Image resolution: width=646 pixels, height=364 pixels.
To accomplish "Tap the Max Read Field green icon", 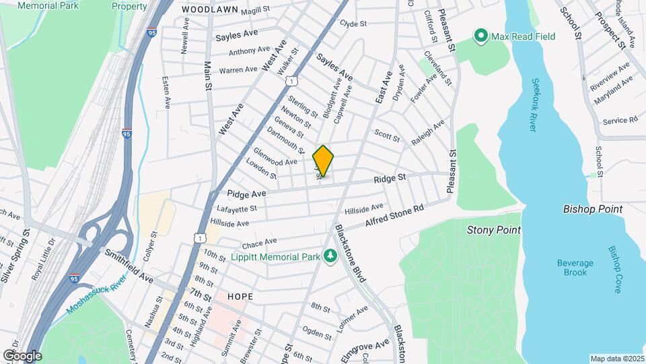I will tap(481, 36).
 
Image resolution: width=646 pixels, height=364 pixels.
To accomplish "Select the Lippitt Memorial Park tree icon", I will tap(330, 255).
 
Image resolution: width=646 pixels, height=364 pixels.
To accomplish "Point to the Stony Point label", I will tap(494, 230).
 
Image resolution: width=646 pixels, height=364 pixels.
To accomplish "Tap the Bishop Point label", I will tap(592, 210).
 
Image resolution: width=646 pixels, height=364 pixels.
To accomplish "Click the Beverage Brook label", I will tap(575, 268).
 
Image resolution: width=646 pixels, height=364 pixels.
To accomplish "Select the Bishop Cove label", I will tap(615, 269).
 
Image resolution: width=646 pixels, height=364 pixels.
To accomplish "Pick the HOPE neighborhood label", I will tap(240, 297).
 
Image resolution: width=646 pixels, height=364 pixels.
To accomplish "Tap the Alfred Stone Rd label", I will tap(394, 215).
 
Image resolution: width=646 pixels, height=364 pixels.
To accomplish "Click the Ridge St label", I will tap(391, 179).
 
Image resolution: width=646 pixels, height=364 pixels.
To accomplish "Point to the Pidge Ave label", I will tap(246, 193).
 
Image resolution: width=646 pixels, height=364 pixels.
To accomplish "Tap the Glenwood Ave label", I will tap(275, 157).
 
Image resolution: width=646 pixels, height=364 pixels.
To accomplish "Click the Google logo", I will tap(22, 355).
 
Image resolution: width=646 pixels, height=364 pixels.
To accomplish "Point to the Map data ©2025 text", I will tap(616, 359).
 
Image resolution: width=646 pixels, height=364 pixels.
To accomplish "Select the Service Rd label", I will tap(620, 121).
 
